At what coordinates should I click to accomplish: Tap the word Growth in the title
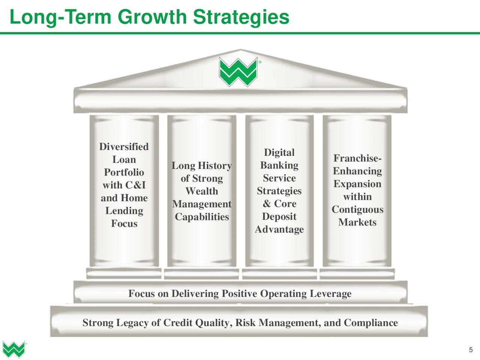(152, 17)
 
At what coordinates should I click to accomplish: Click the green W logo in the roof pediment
(238, 72)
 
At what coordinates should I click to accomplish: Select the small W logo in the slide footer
(14, 349)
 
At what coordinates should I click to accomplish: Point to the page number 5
(471, 350)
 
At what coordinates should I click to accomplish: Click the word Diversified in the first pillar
(124, 147)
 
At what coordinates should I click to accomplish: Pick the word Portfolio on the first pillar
(124, 172)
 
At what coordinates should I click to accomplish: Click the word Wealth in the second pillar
(202, 191)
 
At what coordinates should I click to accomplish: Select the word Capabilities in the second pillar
(202, 217)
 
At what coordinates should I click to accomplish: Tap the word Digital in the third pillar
(279, 153)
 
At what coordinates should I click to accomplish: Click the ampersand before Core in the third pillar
(267, 204)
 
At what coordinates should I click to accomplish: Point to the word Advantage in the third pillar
(279, 229)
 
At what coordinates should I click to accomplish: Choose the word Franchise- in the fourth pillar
(357, 158)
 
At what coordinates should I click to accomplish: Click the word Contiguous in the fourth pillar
(357, 210)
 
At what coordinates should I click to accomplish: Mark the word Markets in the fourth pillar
(357, 222)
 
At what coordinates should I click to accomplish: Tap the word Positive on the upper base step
(240, 293)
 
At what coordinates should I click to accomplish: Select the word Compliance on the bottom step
(371, 323)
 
